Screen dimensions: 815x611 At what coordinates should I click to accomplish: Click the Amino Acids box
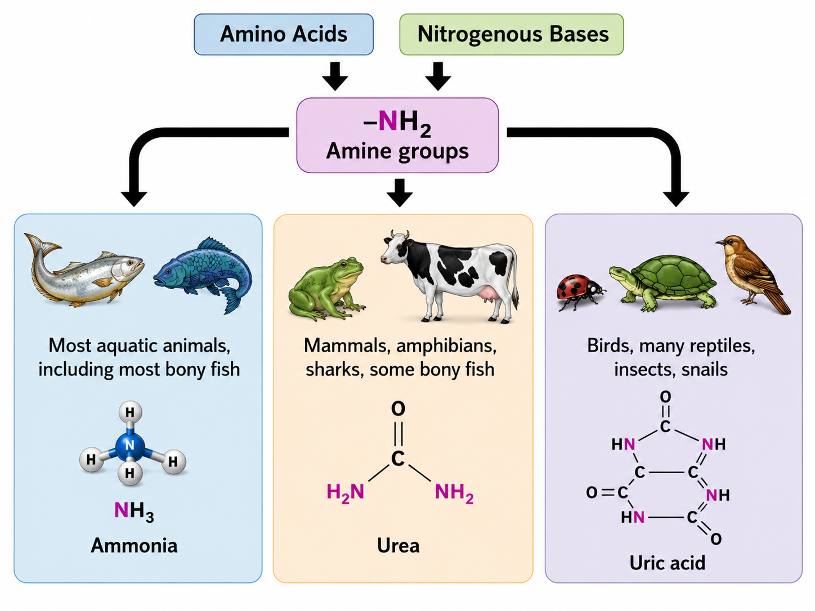point(284,34)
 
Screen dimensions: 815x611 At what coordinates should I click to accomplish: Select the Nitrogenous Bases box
point(511,34)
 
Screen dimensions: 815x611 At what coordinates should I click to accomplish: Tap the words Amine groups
point(397,151)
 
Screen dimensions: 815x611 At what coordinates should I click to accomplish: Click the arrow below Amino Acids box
point(335,76)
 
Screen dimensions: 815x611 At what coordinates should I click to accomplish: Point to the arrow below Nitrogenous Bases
point(438,76)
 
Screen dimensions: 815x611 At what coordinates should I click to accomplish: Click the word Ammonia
point(134,546)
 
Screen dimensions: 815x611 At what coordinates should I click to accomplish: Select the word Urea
point(398,546)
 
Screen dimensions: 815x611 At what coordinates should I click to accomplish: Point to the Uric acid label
point(667,563)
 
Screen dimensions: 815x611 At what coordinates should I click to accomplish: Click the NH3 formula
point(134,511)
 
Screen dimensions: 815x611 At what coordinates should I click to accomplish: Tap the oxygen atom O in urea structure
point(398,409)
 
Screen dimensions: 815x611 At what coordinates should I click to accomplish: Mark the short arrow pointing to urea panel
point(400,193)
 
